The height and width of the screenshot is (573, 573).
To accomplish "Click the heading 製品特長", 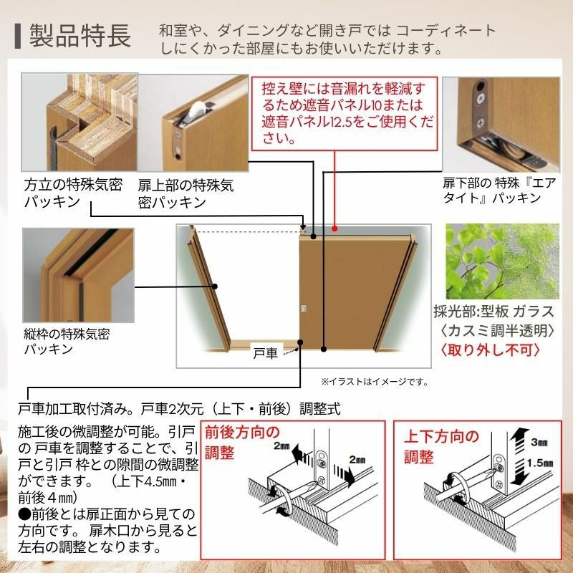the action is [80, 36].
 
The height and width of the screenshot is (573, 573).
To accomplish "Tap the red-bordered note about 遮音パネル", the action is [345, 113].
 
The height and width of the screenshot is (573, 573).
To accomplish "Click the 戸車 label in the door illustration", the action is [266, 353].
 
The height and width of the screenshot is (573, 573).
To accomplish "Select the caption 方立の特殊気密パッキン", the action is [73, 193].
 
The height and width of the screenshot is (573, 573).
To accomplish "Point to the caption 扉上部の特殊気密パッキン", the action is [186, 193].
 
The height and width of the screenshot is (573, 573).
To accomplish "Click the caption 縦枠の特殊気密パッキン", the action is [67, 342].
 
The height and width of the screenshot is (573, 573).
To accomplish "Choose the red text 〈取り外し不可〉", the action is [491, 350].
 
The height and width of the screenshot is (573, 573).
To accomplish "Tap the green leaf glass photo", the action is [503, 261].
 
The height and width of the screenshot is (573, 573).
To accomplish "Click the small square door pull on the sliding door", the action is [303, 309].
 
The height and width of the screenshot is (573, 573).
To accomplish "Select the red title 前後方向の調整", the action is [242, 443].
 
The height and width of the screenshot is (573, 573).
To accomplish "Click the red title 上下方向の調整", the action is [441, 446].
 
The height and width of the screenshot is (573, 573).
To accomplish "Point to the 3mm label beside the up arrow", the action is [539, 442].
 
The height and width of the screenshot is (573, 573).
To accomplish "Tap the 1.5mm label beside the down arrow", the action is [540, 463].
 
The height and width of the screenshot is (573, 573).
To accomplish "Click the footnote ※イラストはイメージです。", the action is [375, 382].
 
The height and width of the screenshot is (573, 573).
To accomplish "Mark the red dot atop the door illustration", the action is [334, 229].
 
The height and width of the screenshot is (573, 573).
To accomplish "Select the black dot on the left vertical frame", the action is [216, 286].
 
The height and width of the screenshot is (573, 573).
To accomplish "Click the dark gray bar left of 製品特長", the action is [17, 37].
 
